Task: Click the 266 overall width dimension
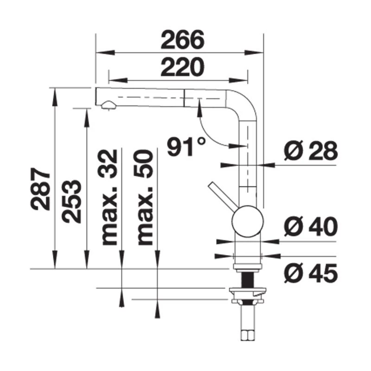(182, 40)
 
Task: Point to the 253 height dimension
(73, 200)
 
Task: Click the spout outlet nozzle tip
(108, 106)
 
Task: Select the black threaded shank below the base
(247, 280)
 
